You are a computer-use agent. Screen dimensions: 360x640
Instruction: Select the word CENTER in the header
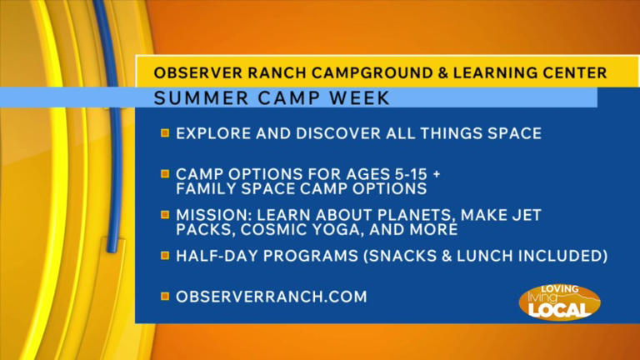point(574,73)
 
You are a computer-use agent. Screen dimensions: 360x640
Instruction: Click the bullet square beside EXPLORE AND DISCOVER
point(165,132)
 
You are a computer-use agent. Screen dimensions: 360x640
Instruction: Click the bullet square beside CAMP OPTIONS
point(165,173)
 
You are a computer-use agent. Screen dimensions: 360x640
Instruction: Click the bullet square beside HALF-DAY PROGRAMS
point(165,256)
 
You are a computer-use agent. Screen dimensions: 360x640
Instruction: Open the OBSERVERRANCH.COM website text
point(271,296)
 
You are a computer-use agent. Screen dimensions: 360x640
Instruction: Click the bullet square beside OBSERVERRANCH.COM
point(165,296)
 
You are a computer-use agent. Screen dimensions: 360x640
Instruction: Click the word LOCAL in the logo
point(559,309)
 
